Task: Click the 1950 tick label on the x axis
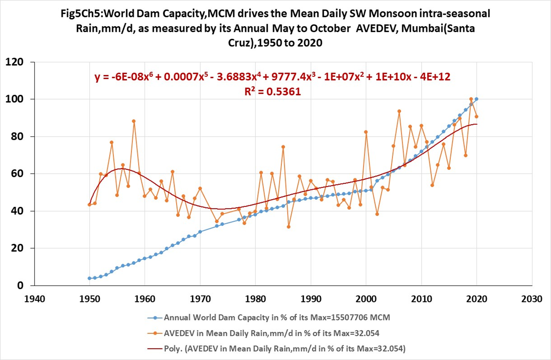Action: point(89,299)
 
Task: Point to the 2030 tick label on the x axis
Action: point(532,299)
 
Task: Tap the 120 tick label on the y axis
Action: point(14,62)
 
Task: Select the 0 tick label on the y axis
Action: point(20,286)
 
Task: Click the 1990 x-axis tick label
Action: point(311,299)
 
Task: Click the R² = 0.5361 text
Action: point(272,92)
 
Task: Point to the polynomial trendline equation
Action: point(272,77)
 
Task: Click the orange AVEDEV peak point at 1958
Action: point(134,121)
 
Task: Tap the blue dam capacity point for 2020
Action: point(477,99)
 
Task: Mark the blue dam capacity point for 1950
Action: point(89,278)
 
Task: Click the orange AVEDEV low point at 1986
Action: point(289,227)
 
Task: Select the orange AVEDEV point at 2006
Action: point(399,111)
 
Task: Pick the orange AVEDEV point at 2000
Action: point(366,132)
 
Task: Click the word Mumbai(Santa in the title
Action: point(438,28)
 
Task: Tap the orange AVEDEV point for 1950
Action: point(89,205)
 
